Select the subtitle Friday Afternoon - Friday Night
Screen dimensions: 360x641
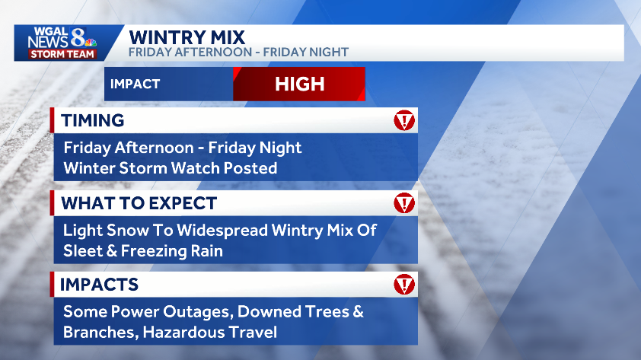[238, 53]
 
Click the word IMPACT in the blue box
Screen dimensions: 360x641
[135, 84]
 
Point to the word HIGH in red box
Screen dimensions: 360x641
[299, 84]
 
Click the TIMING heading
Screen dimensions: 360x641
[92, 120]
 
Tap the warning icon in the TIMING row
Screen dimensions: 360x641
[404, 120]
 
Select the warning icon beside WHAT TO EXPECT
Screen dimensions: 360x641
[404, 203]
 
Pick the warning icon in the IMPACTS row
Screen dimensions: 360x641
[404, 285]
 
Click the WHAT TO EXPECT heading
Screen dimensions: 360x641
[139, 203]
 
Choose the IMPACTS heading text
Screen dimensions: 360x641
[99, 285]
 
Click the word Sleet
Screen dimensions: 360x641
[82, 250]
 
